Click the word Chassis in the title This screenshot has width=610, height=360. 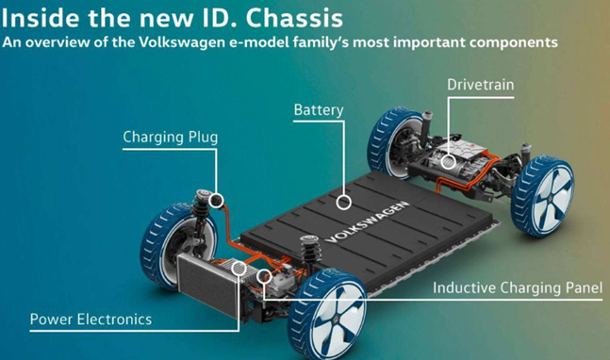click(294, 18)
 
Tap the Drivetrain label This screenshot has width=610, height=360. click(481, 85)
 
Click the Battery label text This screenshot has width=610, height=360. click(319, 110)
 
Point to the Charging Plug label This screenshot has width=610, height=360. click(171, 138)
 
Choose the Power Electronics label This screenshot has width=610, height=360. click(91, 319)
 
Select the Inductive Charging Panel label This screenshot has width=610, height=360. click(518, 287)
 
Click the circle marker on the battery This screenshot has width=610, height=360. click(343, 203)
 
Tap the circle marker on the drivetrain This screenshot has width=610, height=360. click(448, 162)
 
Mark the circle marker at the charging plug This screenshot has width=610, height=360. click(216, 201)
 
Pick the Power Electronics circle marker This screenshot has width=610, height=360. click(239, 269)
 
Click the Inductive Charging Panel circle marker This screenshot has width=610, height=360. click(264, 276)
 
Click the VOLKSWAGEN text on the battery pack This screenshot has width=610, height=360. click(367, 221)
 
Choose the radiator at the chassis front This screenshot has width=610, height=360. click(207, 285)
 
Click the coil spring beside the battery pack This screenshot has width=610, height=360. click(310, 252)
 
